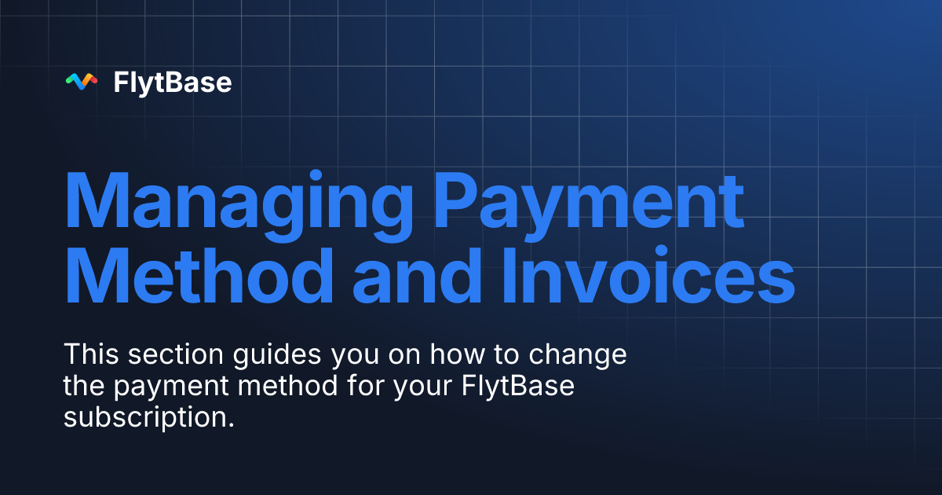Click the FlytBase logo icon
pyautogui.click(x=82, y=82)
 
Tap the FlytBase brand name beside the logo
pyautogui.click(x=173, y=82)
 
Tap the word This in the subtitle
pyautogui.click(x=89, y=354)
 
